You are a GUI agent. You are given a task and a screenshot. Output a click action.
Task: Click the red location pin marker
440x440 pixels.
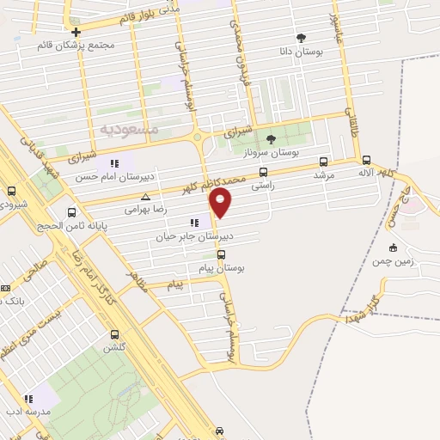pyautogui.click(x=221, y=203)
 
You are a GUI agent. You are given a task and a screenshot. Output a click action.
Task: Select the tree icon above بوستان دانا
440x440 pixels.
pyautogui.click(x=301, y=38)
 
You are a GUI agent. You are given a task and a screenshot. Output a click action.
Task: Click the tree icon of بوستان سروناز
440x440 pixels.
pyautogui.click(x=271, y=138)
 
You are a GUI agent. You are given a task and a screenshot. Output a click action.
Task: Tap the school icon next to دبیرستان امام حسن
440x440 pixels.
pyautogui.click(x=113, y=164)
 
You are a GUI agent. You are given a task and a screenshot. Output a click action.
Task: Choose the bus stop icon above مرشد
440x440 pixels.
pyautogui.click(x=323, y=161)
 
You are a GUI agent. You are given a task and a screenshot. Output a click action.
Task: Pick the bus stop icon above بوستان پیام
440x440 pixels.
pyautogui.click(x=221, y=254)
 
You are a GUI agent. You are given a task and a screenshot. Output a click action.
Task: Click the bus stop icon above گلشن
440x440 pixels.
pyautogui.click(x=114, y=334)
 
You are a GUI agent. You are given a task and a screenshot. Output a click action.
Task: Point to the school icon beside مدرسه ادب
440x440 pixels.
pyautogui.click(x=27, y=399)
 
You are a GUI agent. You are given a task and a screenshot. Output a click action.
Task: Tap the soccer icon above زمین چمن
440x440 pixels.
pyautogui.click(x=391, y=247)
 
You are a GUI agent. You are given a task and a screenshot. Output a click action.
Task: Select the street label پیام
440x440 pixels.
pyautogui.click(x=175, y=284)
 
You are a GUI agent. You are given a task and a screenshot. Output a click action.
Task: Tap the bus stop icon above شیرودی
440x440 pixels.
pyautogui.click(x=11, y=191)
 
